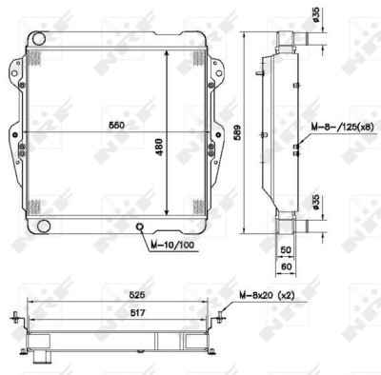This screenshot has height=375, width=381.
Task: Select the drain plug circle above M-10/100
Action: coord(139,227)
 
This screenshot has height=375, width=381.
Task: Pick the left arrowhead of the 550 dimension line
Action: coord(22,130)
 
